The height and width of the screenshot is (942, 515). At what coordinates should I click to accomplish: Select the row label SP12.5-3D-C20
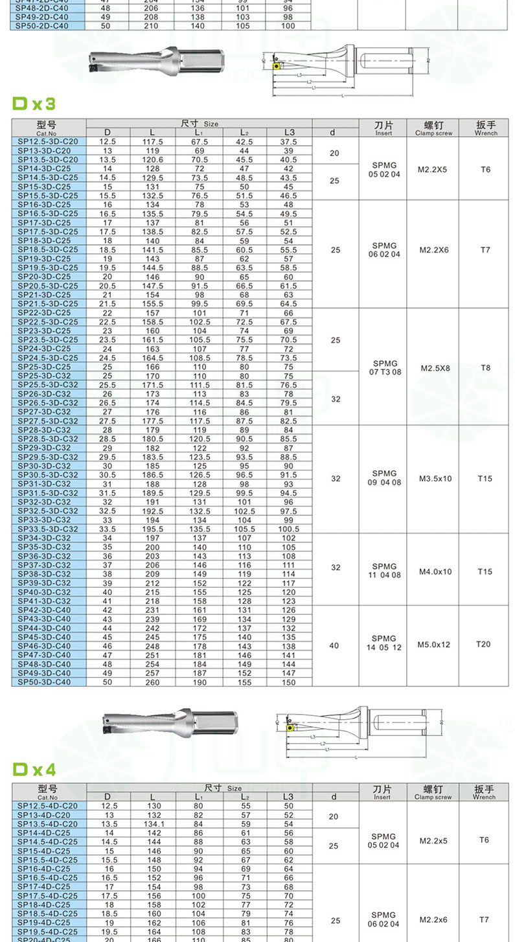48,141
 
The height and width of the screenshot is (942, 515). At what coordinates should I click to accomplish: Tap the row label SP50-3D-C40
48,682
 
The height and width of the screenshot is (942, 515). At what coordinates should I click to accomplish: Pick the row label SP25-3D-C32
48,376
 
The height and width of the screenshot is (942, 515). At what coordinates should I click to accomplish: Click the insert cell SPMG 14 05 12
384,643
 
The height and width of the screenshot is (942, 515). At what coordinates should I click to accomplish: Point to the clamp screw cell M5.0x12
434,645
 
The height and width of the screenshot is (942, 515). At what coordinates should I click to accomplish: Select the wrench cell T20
483,644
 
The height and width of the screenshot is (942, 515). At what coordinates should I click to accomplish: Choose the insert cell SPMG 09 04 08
384,477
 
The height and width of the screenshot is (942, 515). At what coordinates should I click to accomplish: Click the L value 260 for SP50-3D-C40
152,682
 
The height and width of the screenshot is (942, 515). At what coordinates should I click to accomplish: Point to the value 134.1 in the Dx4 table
152,823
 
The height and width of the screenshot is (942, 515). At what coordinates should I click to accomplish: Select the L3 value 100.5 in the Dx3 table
288,529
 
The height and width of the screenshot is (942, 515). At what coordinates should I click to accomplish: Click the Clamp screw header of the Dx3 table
433,127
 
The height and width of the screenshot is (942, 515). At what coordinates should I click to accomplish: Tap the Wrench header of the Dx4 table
483,792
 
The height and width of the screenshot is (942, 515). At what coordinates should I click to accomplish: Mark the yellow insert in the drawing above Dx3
277,65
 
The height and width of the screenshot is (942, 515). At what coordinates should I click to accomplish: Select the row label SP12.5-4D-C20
48,805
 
